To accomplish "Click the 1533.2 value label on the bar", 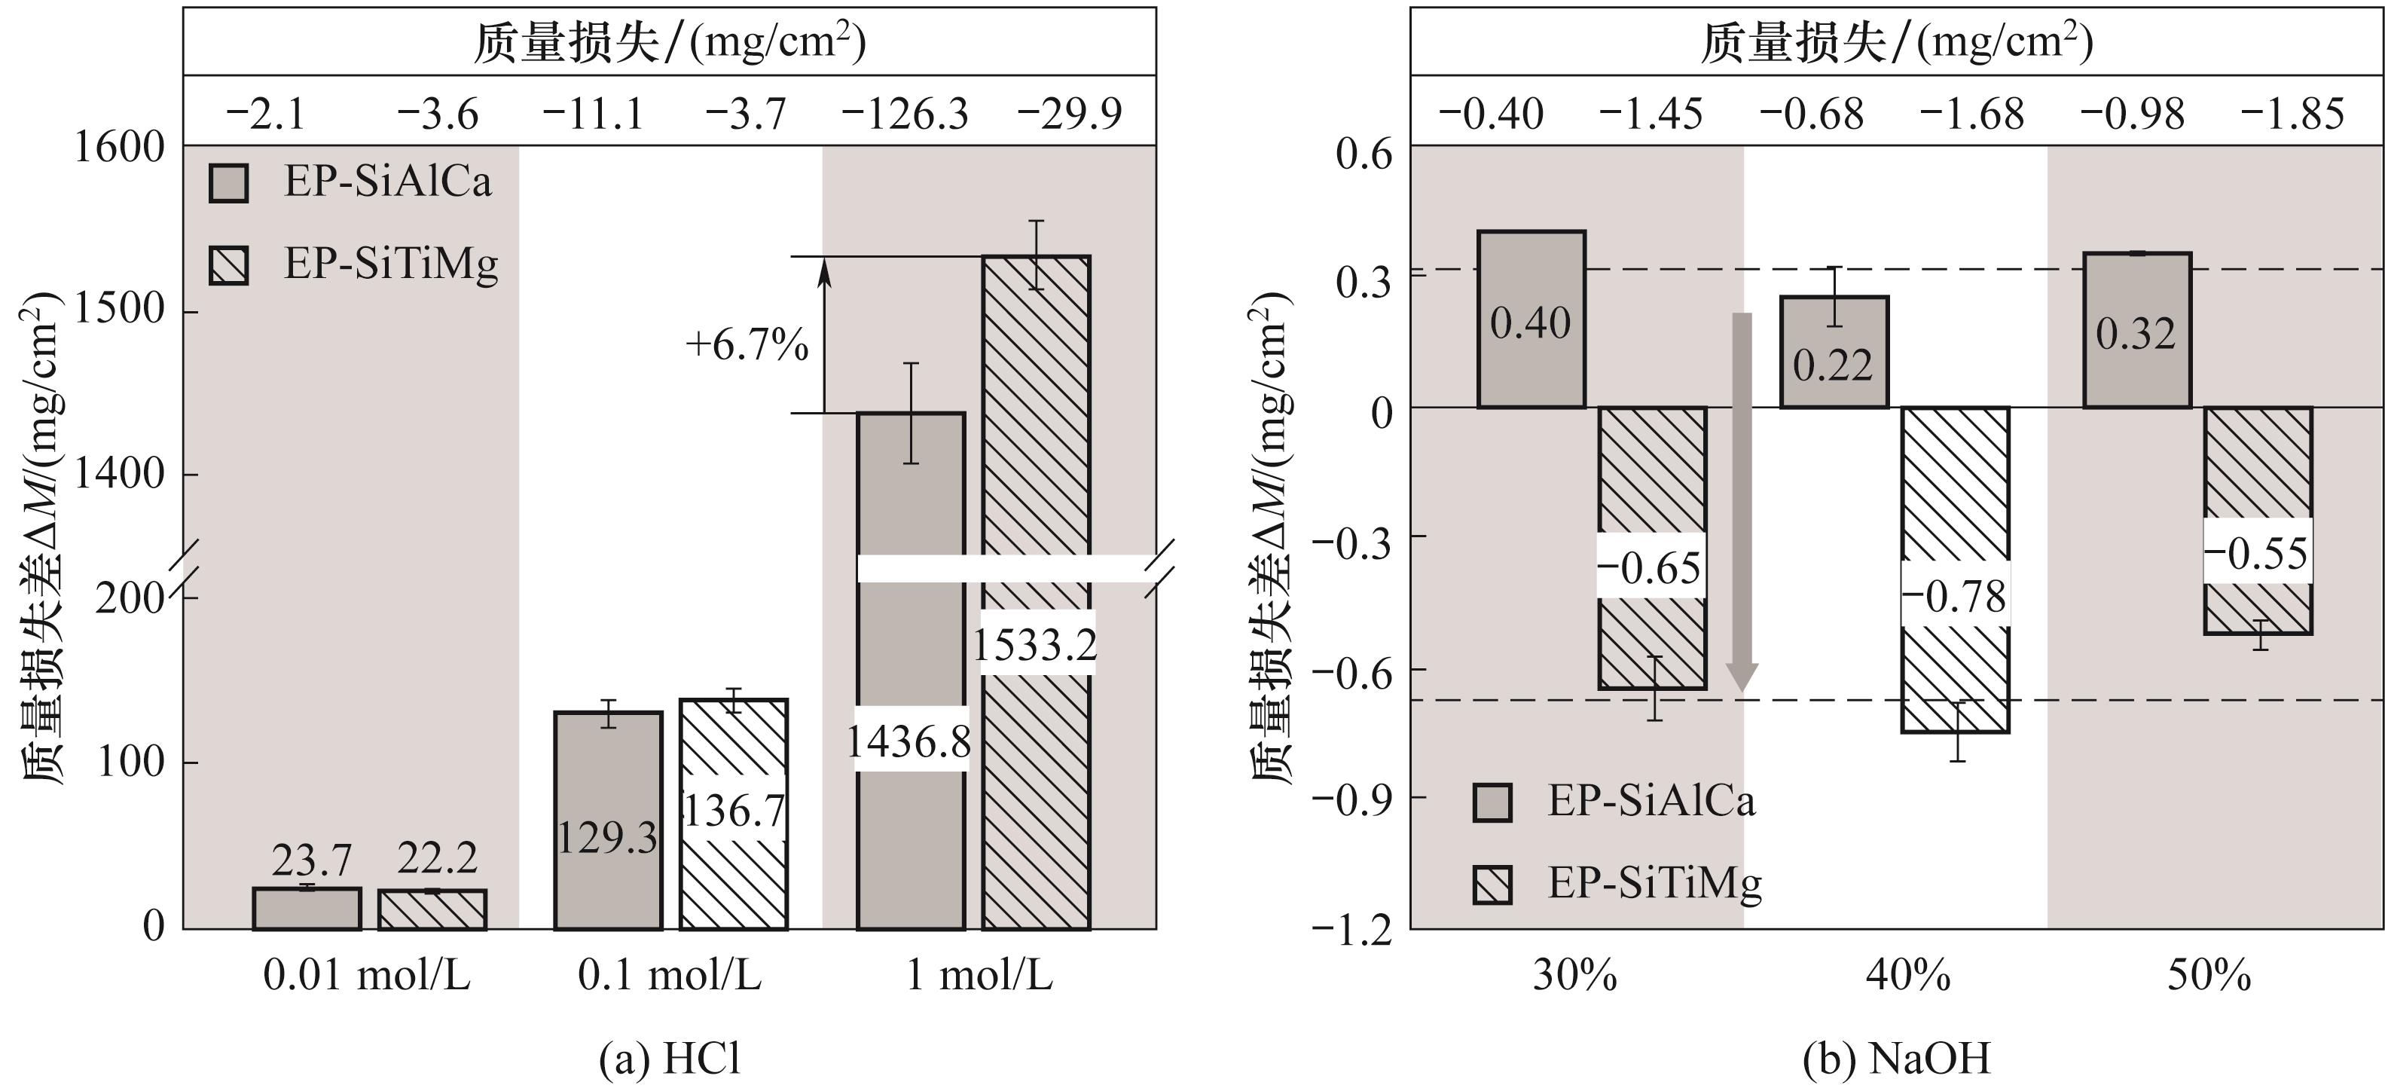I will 1035,644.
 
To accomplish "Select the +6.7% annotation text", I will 747,345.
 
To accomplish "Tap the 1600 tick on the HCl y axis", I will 118,147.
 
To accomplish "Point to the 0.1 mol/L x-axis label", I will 670,975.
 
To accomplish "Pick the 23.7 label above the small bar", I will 311,861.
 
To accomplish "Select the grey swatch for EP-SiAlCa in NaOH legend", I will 1492,802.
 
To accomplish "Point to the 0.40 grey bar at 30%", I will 1531,319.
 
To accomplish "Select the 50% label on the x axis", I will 2208,975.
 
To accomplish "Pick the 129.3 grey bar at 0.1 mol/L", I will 608,821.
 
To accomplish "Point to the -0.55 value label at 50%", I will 2256,554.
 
